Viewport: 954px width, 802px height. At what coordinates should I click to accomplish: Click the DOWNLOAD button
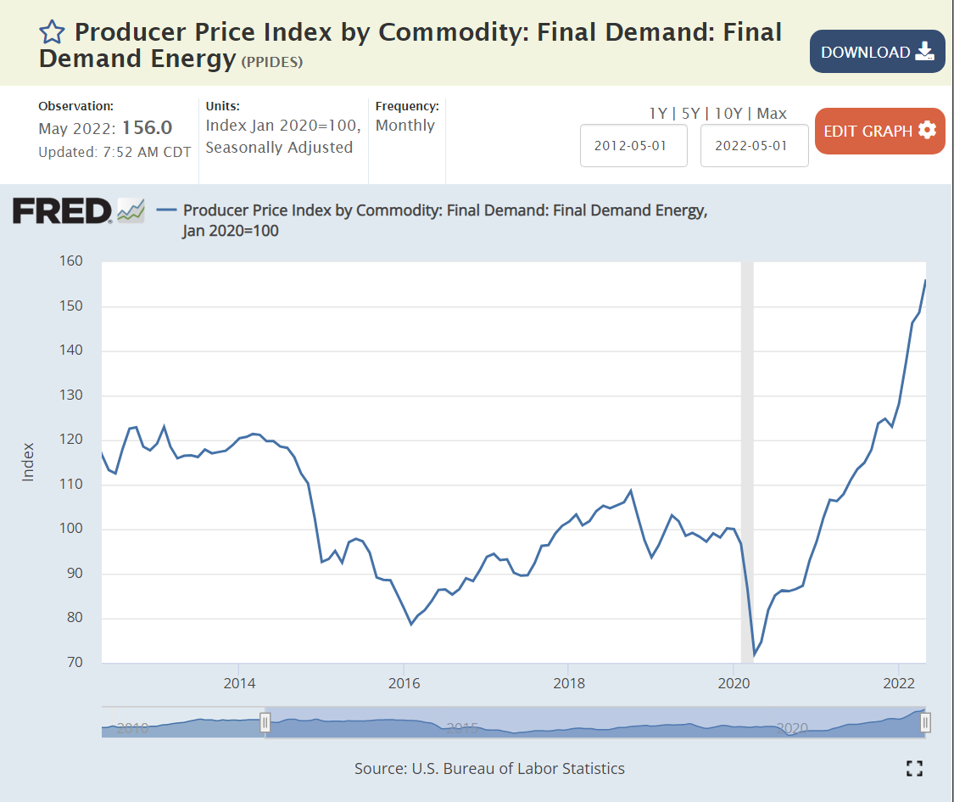877,52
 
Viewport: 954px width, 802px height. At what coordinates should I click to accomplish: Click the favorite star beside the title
52,32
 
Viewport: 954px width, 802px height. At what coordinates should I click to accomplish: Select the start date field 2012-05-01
633,145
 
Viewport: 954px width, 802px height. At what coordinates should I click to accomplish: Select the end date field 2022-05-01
754,145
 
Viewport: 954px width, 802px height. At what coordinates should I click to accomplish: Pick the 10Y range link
728,113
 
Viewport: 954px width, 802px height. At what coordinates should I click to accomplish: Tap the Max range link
772,113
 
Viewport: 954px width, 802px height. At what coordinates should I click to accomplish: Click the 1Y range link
658,113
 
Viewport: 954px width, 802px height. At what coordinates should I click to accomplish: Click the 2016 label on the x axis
404,682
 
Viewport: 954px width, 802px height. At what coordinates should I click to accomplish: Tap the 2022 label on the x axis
898,682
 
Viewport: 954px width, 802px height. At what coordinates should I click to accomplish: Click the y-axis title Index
28,462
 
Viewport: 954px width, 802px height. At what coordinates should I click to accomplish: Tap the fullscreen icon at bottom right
913,769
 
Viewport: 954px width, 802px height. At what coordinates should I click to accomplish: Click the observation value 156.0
147,128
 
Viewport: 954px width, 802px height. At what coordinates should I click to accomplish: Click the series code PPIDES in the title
272,62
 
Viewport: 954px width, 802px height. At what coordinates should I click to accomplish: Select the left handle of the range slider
265,722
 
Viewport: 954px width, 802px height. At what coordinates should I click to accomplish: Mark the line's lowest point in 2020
754,654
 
